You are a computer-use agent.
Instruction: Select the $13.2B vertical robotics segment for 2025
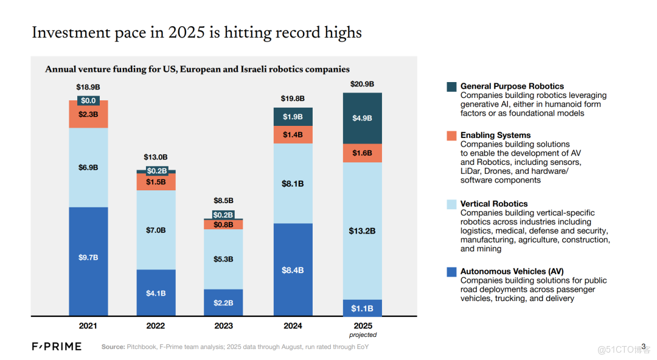362,231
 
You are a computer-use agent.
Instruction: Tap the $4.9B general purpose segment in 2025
362,118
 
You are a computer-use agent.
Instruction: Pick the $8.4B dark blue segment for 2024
293,270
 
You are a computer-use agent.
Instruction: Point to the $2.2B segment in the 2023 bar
223,302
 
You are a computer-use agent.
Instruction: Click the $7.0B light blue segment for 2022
156,230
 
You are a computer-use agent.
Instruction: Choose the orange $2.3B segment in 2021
88,114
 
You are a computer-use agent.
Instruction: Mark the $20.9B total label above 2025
362,84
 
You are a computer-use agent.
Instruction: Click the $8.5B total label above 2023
223,200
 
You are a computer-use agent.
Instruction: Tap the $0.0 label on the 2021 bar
88,100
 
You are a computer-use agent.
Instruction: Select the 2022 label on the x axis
156,326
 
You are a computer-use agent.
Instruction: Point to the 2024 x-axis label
293,326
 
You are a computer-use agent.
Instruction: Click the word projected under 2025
363,335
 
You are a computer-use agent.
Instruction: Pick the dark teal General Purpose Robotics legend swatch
451,86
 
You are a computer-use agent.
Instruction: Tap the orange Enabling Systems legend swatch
451,136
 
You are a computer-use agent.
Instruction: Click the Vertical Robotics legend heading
494,204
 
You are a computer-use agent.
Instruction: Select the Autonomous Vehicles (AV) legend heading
512,271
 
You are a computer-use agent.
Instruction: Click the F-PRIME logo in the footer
57,347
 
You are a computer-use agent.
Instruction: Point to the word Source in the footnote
113,347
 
